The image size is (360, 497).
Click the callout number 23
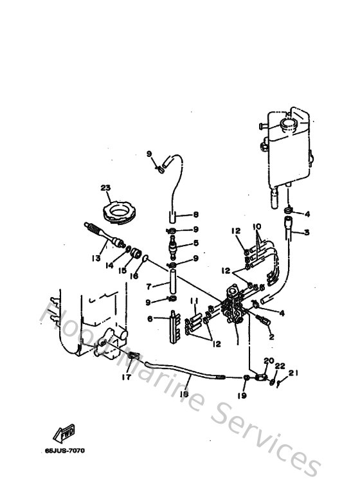point(105,188)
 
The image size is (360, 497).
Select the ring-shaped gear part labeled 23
point(119,210)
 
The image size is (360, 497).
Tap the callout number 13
point(96,258)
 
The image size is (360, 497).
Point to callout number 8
point(197,215)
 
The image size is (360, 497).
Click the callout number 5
point(197,244)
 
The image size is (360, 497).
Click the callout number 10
point(256,227)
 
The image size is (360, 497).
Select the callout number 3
point(307,232)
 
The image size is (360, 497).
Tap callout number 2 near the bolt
point(271,336)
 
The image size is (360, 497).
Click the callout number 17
point(127,377)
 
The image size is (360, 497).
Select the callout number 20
point(269,361)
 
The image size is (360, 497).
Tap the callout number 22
point(279,366)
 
